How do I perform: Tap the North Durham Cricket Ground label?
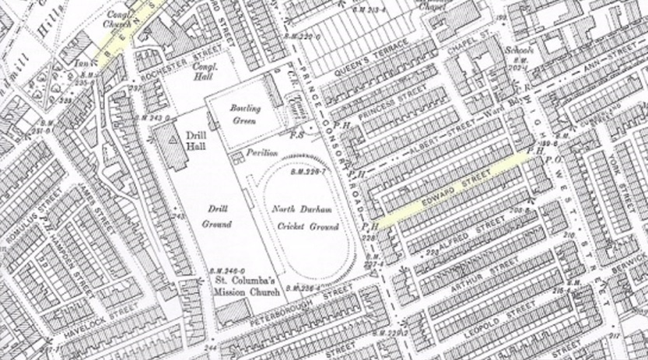pyautogui.click(x=305, y=218)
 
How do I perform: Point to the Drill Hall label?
pyautogui.click(x=195, y=142)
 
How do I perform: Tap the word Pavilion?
pyautogui.click(x=262, y=153)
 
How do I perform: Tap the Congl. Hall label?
pyautogui.click(x=206, y=72)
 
